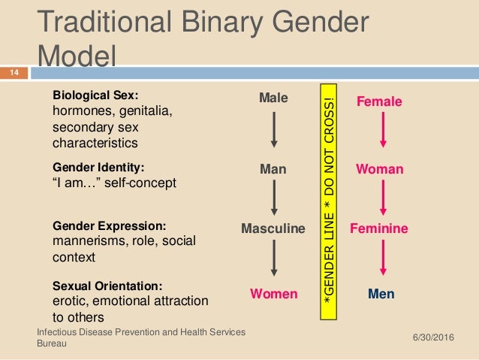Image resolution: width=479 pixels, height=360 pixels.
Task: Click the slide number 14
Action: (x=14, y=73)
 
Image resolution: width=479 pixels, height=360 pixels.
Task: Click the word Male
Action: (x=273, y=98)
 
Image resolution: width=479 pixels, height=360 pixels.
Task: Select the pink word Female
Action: (x=379, y=101)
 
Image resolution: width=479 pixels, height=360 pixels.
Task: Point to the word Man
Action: (x=273, y=170)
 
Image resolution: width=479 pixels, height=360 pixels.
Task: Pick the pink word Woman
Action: (x=379, y=170)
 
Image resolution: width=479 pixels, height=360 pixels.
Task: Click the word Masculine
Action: (x=273, y=228)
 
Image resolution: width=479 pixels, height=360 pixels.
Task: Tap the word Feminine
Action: (x=379, y=228)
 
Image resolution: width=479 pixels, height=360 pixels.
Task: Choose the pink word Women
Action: (x=273, y=293)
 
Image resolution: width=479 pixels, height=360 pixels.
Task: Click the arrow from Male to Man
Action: (x=273, y=130)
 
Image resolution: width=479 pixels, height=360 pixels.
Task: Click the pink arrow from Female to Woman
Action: (x=382, y=130)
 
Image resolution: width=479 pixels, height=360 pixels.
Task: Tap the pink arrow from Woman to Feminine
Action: (x=382, y=198)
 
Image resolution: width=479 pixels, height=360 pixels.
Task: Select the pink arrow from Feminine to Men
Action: (x=382, y=257)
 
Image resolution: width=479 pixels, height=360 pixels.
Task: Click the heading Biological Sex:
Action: (x=96, y=95)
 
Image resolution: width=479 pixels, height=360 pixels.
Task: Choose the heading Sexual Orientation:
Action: (x=107, y=286)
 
